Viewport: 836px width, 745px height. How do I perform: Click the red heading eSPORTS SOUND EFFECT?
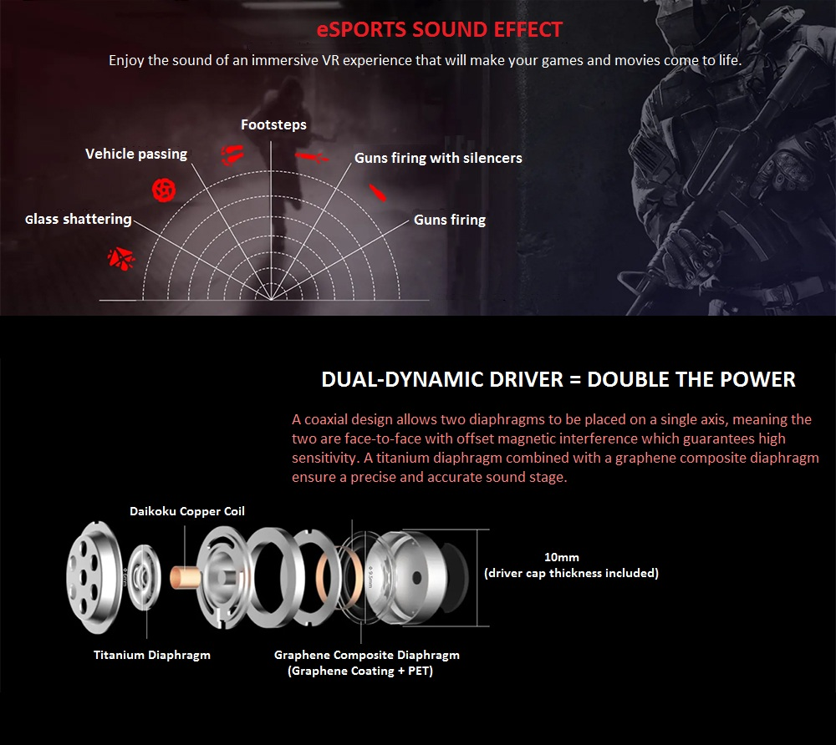440,30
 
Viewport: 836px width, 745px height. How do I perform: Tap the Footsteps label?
273,125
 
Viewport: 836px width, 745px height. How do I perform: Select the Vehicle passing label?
136,155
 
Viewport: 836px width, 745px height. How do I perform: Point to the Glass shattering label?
79,220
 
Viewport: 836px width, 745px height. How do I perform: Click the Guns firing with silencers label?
438,158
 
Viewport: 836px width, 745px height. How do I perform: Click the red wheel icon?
164,190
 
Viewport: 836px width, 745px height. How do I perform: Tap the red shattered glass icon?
121,259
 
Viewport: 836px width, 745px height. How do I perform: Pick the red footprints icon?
232,155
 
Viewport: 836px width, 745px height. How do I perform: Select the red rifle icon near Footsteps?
312,156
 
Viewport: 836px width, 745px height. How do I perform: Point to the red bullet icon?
378,192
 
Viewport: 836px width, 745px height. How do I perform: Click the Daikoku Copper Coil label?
187,511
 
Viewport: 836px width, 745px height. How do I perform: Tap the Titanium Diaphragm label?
152,655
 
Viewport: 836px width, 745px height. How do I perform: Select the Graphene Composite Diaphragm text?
367,655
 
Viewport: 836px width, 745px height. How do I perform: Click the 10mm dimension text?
562,557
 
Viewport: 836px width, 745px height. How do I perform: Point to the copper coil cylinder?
185,578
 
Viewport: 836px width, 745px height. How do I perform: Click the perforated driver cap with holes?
94,577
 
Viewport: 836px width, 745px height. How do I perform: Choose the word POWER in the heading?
757,380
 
